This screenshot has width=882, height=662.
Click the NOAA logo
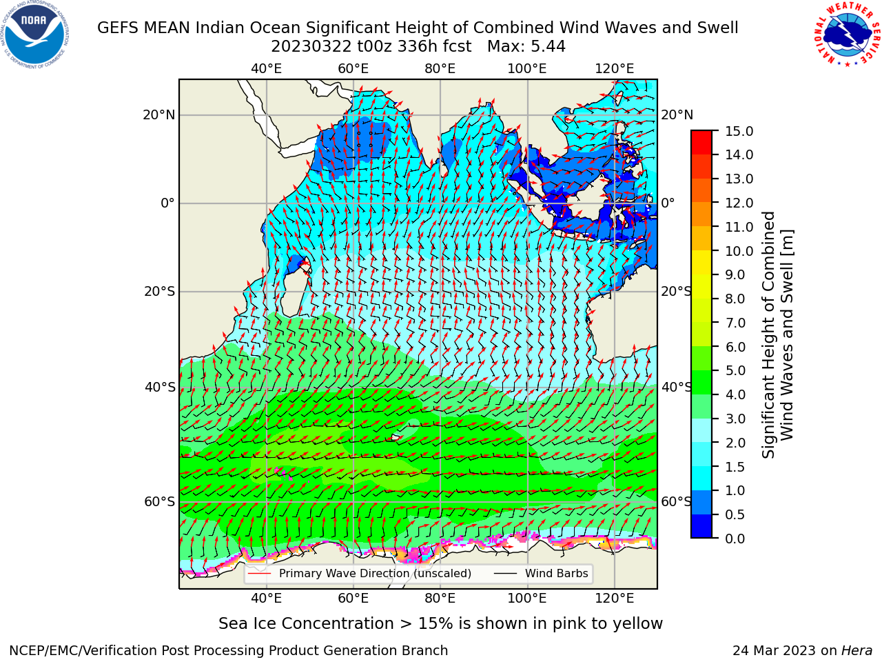coord(35,35)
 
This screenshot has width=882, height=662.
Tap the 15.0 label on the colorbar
coord(739,132)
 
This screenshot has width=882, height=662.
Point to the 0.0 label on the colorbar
coord(735,539)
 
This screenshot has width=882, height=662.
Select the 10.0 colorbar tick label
coord(739,251)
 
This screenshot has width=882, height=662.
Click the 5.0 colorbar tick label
coord(735,370)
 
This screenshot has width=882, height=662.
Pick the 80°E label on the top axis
coord(440,69)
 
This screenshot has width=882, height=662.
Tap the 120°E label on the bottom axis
coord(615,599)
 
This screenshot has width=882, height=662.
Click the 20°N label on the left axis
coord(159,115)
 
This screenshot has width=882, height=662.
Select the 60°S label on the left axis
coord(160,501)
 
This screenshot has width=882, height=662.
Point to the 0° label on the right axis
coord(668,203)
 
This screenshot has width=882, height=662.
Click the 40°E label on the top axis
coord(266,69)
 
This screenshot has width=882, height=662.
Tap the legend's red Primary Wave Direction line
coord(259,574)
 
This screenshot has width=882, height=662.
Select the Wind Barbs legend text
coord(557,574)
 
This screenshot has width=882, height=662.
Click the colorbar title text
coord(777,335)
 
